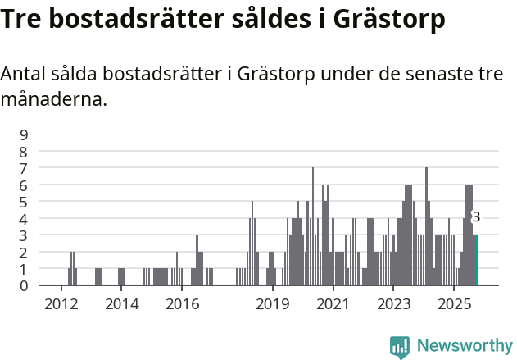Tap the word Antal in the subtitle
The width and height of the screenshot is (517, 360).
tap(25, 74)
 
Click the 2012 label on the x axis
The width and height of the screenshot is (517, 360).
tap(61, 304)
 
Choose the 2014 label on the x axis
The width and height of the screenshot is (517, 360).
tap(121, 304)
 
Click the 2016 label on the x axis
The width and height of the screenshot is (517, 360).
tap(182, 304)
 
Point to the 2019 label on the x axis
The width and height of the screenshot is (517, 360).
tap(272, 304)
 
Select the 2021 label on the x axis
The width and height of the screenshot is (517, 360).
tap(333, 304)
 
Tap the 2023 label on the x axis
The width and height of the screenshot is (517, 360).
tap(392, 304)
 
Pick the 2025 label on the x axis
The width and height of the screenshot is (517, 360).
tap(453, 304)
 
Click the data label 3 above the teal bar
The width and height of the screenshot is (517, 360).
tap(476, 217)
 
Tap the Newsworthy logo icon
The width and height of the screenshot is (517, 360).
tap(400, 347)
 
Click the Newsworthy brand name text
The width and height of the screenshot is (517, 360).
tap(464, 346)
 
